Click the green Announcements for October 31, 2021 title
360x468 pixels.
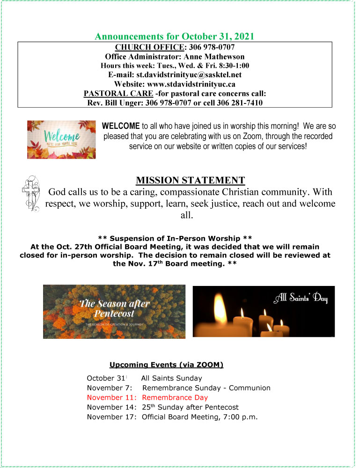(x=175, y=36)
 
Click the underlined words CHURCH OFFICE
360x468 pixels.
(x=148, y=47)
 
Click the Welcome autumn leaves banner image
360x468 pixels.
(x=61, y=139)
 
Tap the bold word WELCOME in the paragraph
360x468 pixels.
(x=121, y=126)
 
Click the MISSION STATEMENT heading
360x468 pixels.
(x=191, y=180)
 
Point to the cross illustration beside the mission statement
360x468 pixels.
(x=29, y=195)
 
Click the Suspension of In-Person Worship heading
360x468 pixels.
(x=175, y=238)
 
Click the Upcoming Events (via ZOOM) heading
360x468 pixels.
(x=166, y=365)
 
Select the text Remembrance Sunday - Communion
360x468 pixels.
(x=206, y=388)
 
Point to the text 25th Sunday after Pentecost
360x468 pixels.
(x=190, y=407)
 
